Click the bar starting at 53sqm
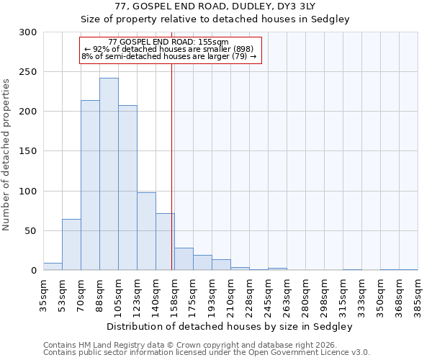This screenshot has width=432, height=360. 71,245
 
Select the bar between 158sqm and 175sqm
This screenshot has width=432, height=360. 184,259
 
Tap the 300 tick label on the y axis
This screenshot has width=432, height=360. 28,32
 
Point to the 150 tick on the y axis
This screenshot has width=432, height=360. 28,151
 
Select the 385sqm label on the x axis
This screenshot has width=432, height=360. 418,296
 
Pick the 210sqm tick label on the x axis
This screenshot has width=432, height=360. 230,296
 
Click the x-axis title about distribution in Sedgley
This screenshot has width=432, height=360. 230,326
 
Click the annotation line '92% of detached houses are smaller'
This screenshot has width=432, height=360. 169,49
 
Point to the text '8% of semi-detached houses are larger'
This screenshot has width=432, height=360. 169,56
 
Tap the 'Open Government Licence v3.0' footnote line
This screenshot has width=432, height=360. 206,353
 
